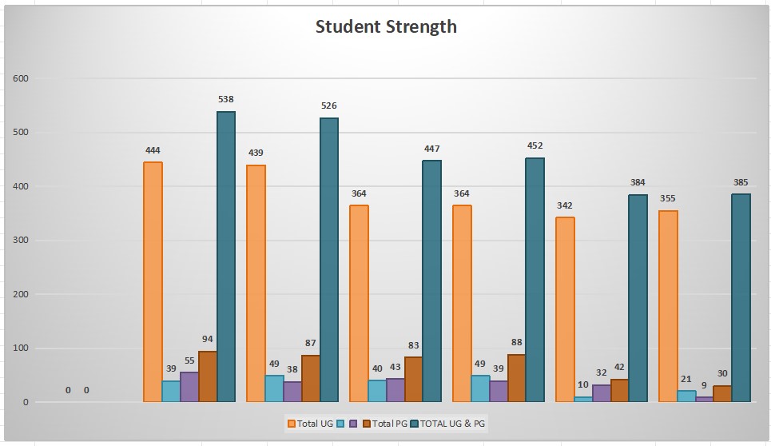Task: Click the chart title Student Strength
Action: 386,26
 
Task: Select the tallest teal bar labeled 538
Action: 226,256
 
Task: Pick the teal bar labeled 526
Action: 329,259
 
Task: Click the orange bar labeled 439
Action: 256,283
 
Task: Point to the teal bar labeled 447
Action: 432,281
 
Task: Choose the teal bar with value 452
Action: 535,279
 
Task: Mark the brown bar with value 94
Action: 208,376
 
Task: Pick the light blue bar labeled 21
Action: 686,396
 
